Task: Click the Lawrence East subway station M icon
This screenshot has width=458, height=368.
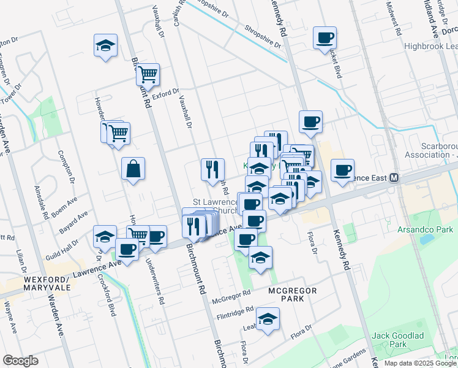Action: pos(395,178)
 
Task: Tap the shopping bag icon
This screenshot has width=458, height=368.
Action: pos(133,168)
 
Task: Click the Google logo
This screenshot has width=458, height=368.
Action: pos(20,361)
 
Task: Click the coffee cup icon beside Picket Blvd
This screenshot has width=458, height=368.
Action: pos(325,38)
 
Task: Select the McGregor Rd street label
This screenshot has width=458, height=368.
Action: pos(231,300)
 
